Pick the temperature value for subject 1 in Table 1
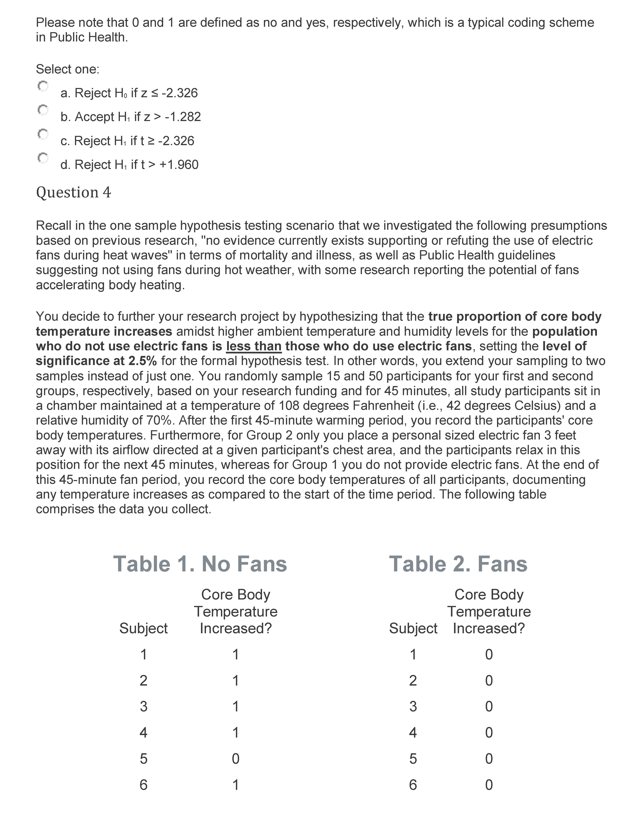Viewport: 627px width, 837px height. pos(235,654)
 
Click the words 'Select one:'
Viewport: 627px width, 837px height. pos(68,69)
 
